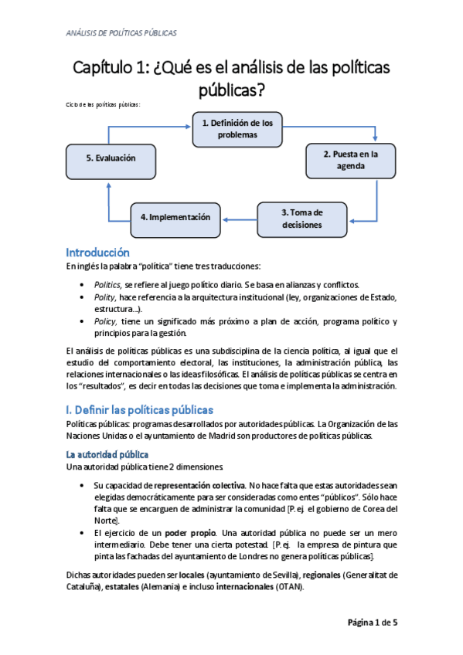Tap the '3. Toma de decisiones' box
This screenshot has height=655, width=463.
pyautogui.click(x=301, y=218)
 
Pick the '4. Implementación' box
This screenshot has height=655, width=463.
pyautogui.click(x=175, y=218)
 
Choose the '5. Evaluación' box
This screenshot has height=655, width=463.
pyautogui.click(x=111, y=158)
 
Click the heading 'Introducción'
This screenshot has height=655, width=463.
pyautogui.click(x=97, y=253)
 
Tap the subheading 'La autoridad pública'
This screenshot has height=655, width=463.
pyautogui.click(x=107, y=454)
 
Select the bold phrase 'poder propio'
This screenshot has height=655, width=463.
pyautogui.click(x=186, y=534)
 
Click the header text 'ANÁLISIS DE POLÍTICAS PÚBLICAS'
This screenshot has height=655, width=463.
pyautogui.click(x=121, y=33)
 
